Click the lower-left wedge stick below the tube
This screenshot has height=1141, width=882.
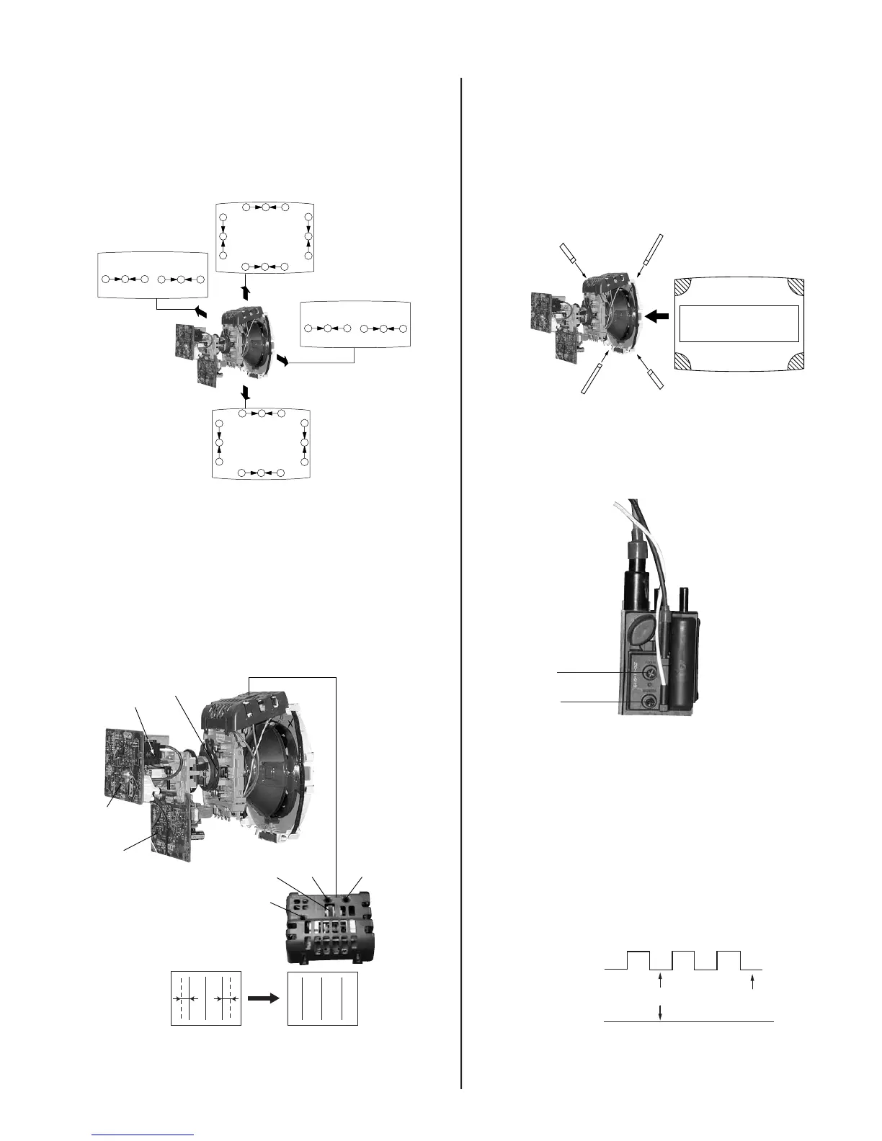click(x=592, y=379)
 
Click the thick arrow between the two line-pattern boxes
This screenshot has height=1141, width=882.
click(x=264, y=998)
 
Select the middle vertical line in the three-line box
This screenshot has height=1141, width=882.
click(x=322, y=998)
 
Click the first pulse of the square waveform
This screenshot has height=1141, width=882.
click(x=638, y=960)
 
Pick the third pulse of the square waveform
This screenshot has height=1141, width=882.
click(x=729, y=960)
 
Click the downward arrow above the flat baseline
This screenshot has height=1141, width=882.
click(x=661, y=1012)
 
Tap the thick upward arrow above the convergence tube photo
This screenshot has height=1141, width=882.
click(x=246, y=292)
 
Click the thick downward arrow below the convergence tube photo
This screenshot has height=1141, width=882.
click(x=246, y=393)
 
